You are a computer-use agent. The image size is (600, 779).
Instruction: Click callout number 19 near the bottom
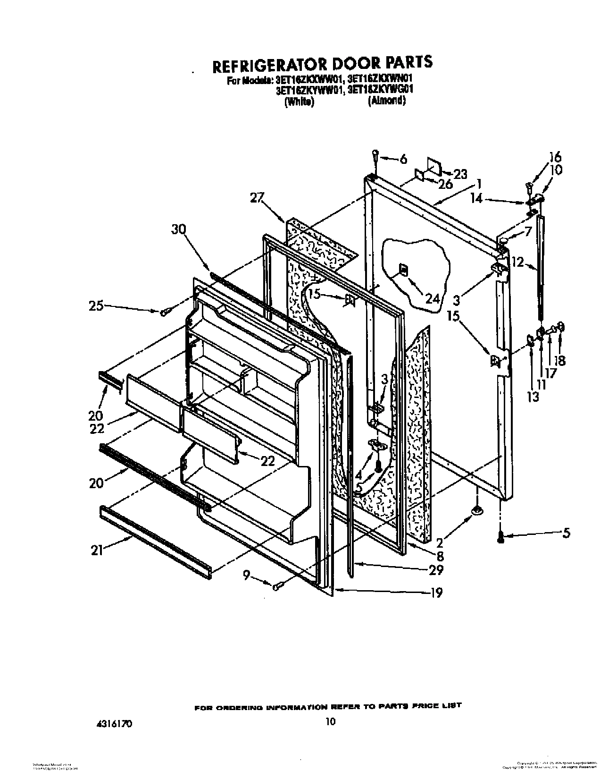437,593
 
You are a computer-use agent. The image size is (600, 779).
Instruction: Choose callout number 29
436,570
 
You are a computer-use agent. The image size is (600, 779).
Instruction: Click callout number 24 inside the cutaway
433,299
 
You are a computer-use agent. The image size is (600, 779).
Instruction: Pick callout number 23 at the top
459,174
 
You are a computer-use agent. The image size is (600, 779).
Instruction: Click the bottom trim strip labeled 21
156,542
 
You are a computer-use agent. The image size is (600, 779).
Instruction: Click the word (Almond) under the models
387,101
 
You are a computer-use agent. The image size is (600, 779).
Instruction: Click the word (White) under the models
300,102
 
